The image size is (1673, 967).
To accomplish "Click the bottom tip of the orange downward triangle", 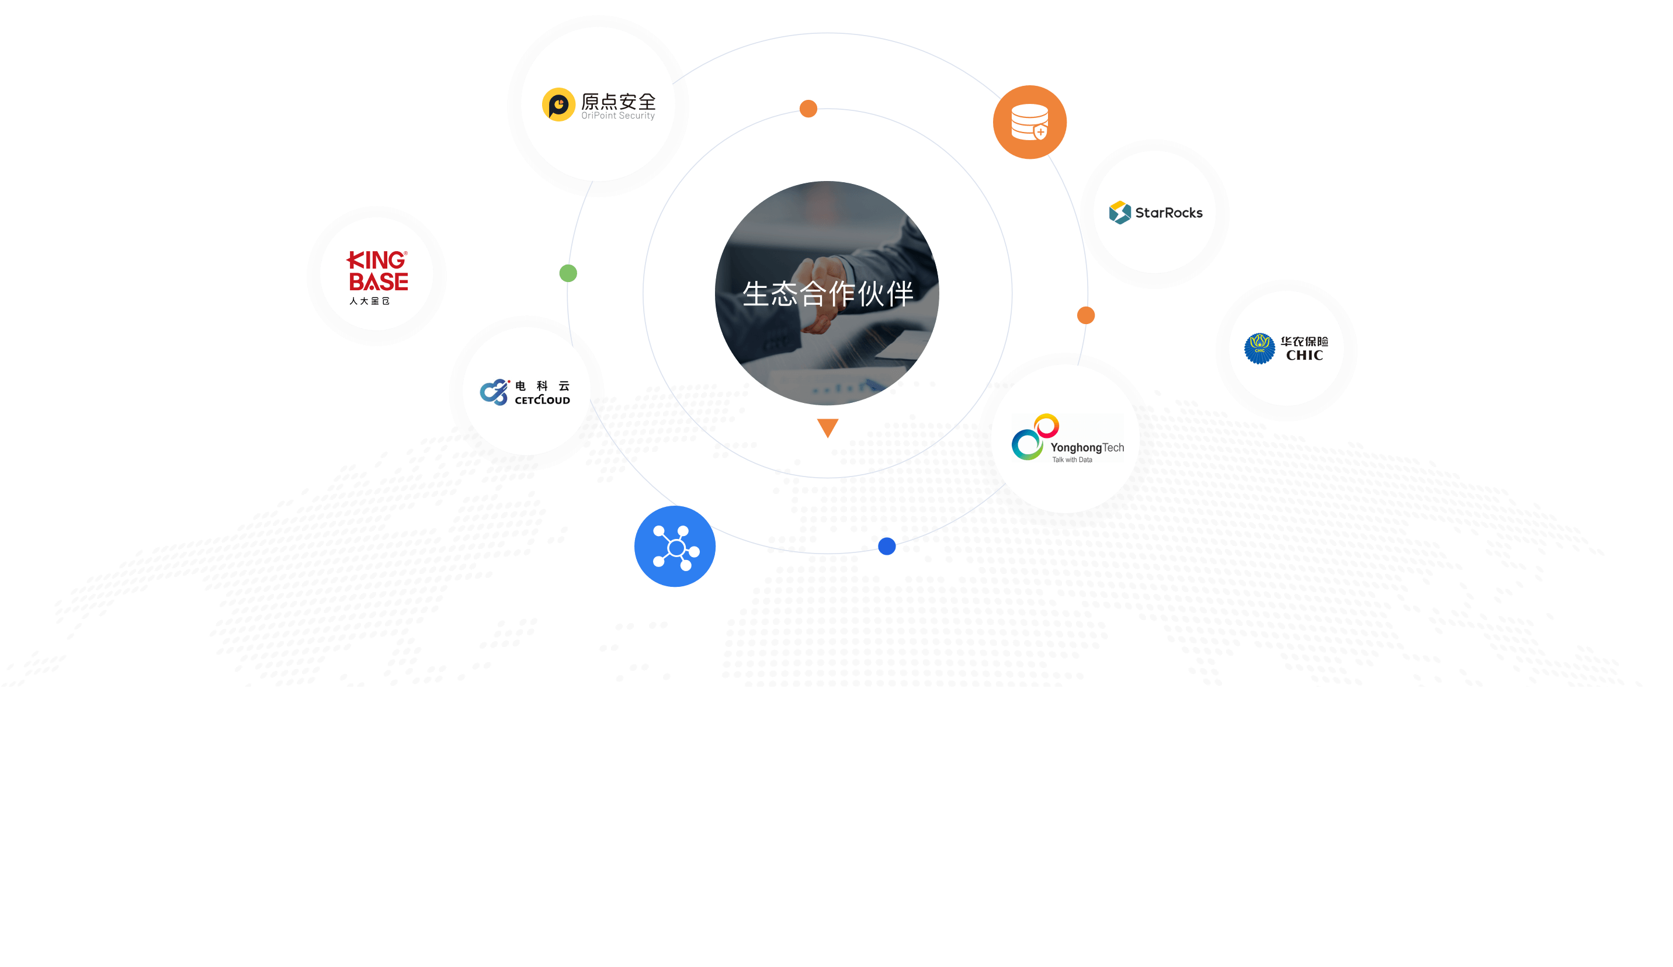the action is pyautogui.click(x=828, y=438).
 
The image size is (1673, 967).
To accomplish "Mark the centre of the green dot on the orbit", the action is pyautogui.click(x=568, y=273).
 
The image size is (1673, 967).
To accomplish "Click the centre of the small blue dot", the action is pyautogui.click(x=887, y=546).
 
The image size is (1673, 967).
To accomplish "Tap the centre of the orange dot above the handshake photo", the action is pyautogui.click(x=808, y=109).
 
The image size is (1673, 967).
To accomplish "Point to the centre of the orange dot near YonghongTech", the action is pyautogui.click(x=1086, y=315).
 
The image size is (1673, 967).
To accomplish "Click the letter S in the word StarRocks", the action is pyautogui.click(x=1140, y=213).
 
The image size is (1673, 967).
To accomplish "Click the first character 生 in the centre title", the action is pyautogui.click(x=756, y=294).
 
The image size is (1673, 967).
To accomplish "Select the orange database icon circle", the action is pyautogui.click(x=1030, y=122).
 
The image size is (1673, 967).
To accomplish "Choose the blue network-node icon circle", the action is pyautogui.click(x=675, y=546).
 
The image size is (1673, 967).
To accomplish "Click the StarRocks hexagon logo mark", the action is pyautogui.click(x=1120, y=213).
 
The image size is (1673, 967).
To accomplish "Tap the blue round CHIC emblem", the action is pyautogui.click(x=1259, y=349).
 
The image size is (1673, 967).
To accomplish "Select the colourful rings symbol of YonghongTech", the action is pyautogui.click(x=1035, y=437).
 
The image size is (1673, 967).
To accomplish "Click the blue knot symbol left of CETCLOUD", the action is pyautogui.click(x=495, y=392).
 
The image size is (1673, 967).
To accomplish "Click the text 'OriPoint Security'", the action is pyautogui.click(x=618, y=116).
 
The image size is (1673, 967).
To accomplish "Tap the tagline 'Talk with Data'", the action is pyautogui.click(x=1072, y=460).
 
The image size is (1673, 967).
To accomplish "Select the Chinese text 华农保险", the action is pyautogui.click(x=1304, y=341).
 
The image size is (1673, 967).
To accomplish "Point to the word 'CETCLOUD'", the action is pyautogui.click(x=543, y=400).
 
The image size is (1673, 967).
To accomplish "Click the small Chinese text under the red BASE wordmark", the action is pyautogui.click(x=370, y=301).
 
